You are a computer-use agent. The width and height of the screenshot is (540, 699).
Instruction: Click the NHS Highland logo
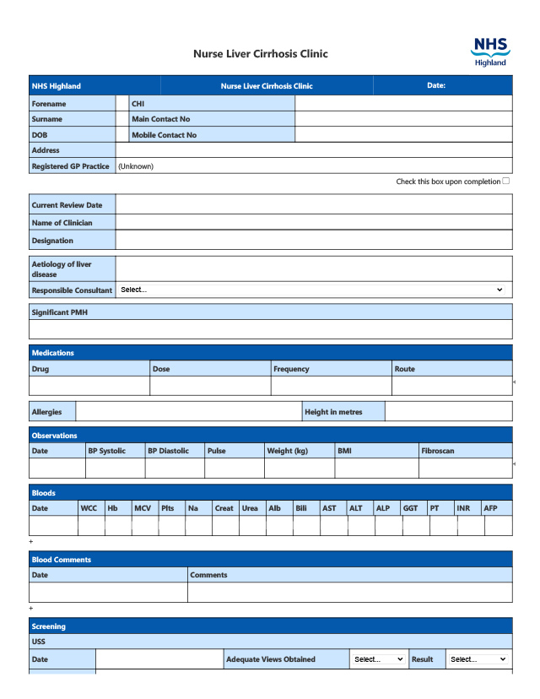[x=490, y=51]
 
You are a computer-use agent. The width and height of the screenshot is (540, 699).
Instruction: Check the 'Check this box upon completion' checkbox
[x=505, y=181]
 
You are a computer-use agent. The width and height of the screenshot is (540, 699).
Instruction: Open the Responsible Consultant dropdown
[x=311, y=290]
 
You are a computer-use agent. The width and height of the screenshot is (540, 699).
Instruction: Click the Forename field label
[x=49, y=104]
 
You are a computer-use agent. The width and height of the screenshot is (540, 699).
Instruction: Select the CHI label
[x=138, y=104]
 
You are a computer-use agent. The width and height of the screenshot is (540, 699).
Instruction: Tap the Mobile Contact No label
[x=164, y=135]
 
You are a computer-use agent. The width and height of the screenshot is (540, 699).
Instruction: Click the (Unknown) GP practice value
[x=136, y=166]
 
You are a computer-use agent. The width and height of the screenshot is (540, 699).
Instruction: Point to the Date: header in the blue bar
[x=436, y=85]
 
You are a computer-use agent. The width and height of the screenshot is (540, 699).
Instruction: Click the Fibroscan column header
[x=437, y=451]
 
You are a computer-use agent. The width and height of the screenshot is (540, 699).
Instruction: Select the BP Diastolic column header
[x=168, y=451]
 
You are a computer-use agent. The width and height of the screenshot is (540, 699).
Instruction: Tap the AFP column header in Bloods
[x=490, y=508]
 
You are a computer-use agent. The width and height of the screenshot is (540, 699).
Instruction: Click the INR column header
[x=463, y=508]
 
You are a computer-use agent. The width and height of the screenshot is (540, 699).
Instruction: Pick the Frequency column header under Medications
[x=291, y=369]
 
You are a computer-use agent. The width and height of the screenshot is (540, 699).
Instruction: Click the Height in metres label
[x=333, y=412]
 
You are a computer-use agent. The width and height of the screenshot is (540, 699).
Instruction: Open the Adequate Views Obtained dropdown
[x=378, y=659]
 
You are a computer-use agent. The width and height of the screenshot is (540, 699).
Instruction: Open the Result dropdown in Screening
[x=478, y=659]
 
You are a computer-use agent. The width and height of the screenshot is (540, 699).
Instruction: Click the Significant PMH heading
[x=59, y=312]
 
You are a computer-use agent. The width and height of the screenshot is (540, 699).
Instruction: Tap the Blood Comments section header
[x=62, y=560]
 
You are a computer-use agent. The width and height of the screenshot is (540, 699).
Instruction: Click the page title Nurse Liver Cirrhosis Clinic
[x=260, y=54]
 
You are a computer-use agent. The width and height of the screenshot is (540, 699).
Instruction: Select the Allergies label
[x=46, y=412]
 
